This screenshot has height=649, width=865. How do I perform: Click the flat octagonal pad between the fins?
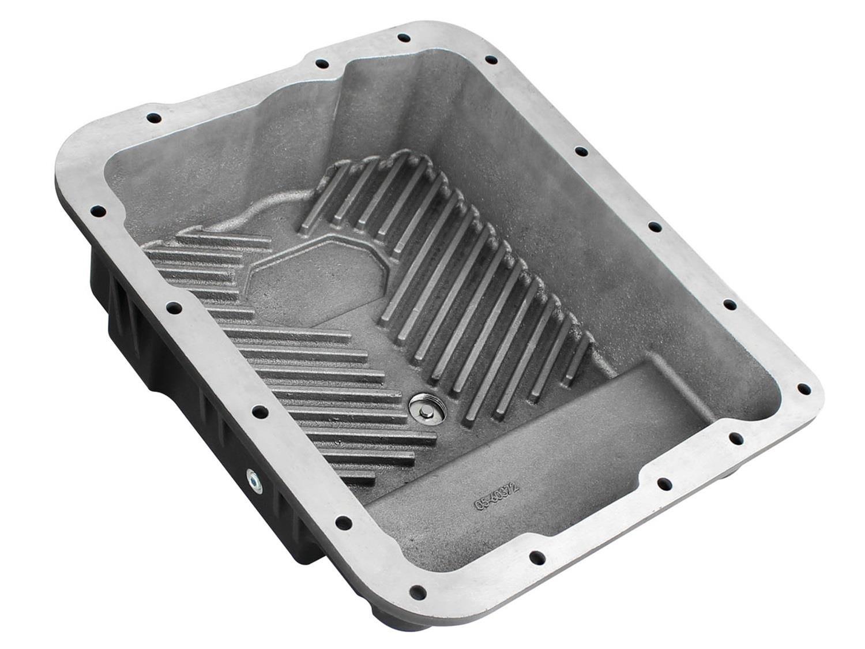coord(299,288)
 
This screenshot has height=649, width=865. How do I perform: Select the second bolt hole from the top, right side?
coord(491,59)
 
